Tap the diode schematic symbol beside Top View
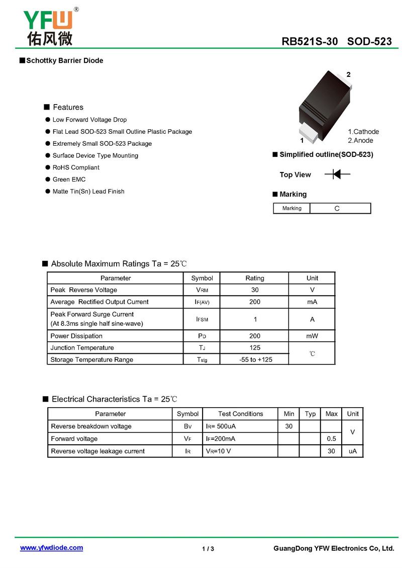(337, 174)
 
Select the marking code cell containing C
(340, 208)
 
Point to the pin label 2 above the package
(348, 75)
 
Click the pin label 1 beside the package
(302, 141)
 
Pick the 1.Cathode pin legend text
(363, 132)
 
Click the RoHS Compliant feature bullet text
(76, 167)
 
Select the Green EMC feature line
(69, 179)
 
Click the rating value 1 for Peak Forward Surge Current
(255, 319)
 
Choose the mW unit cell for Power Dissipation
(312, 336)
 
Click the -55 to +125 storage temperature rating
(255, 359)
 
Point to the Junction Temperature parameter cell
(82, 348)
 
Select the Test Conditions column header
(240, 414)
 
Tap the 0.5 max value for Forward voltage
(331, 439)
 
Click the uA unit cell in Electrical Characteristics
(353, 451)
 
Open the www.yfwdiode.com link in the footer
(51, 548)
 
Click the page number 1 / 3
(208, 548)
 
